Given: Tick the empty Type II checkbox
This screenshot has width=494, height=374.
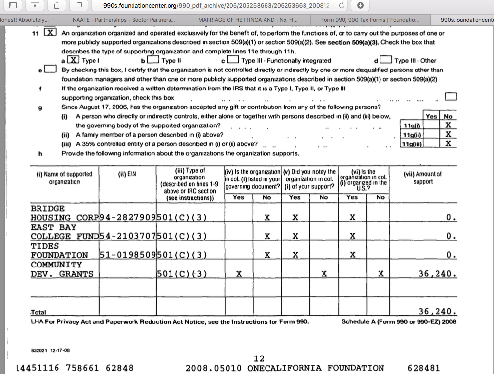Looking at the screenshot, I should pos(153,60).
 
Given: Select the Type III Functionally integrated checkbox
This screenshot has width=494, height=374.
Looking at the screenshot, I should pos(233,60).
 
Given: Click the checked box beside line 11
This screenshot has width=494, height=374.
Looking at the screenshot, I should pos(50,33).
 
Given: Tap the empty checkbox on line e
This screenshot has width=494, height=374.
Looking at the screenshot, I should pos(50,70).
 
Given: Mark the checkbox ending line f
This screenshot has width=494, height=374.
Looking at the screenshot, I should pos(451,96).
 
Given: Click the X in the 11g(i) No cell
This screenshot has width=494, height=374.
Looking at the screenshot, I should pos(448,125).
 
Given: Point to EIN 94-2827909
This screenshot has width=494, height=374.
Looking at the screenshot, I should pos(128,218).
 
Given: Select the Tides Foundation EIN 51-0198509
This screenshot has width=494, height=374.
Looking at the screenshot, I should pos(128,255).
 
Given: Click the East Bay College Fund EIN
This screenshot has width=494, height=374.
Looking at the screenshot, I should pos(128,236).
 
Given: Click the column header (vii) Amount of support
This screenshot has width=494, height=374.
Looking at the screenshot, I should pos(422,178).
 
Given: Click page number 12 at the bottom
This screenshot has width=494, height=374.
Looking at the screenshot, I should pos(259,358).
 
